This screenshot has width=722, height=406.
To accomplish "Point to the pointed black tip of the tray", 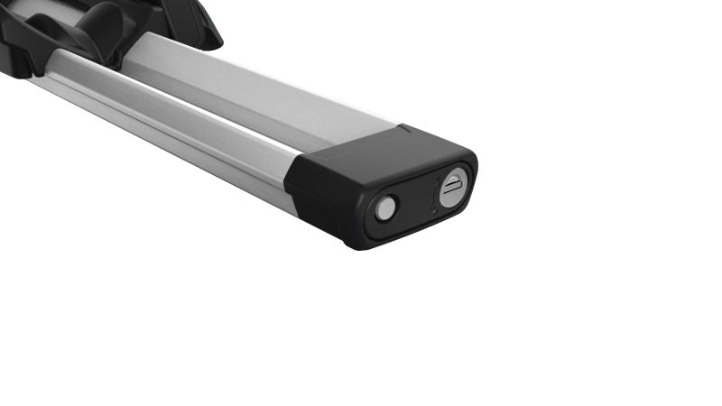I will click(213, 41).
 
